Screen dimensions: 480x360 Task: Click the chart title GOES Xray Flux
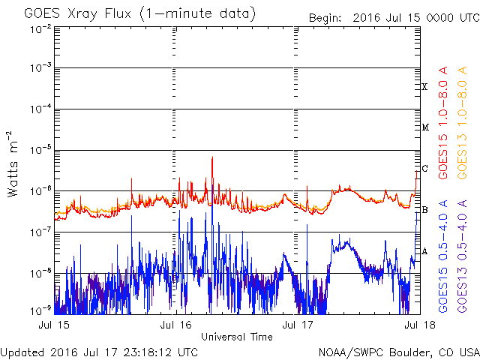(78, 14)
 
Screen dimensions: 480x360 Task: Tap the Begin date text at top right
(394, 18)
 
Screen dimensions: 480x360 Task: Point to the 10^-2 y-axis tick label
(41, 29)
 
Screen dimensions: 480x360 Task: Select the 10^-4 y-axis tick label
(41, 109)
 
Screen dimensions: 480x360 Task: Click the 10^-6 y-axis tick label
(41, 191)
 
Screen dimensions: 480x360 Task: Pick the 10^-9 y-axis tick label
(41, 310)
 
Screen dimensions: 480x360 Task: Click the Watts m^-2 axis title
(13, 164)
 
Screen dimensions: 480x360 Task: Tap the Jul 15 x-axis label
(54, 325)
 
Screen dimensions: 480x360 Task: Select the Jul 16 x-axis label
(175, 325)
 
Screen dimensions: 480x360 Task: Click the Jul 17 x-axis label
(298, 325)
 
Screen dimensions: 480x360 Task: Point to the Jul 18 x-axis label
(420, 325)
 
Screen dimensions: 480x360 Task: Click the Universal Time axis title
(237, 337)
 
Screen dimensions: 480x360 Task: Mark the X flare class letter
(424, 87)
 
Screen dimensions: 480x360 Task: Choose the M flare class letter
(425, 127)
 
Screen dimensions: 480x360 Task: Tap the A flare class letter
(424, 251)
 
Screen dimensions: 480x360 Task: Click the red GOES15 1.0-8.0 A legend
(443, 122)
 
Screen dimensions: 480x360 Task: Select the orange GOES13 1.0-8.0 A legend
(462, 122)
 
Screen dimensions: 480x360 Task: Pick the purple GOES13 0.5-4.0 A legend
(462, 256)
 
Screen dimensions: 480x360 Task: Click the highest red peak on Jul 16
(212, 157)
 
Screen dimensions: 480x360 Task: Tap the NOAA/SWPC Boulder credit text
(399, 352)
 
